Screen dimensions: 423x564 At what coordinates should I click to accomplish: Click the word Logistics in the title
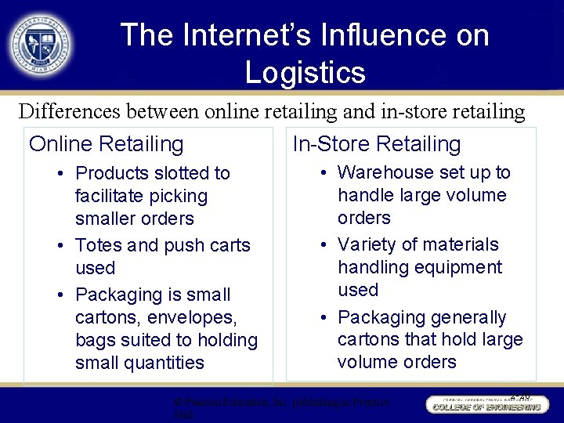point(305,73)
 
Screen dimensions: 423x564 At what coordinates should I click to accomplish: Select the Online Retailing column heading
point(106,144)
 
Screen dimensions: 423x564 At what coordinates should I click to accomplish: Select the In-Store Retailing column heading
point(377,144)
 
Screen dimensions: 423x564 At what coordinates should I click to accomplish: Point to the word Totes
point(98,245)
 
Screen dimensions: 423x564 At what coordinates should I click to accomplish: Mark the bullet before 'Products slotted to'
point(60,173)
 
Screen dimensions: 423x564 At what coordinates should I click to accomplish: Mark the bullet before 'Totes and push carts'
point(60,245)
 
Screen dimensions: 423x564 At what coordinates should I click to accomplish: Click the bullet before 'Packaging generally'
point(323,317)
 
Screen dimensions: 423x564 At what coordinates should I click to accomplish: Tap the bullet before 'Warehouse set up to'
point(323,172)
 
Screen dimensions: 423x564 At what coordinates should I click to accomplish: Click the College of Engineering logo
point(486,405)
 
